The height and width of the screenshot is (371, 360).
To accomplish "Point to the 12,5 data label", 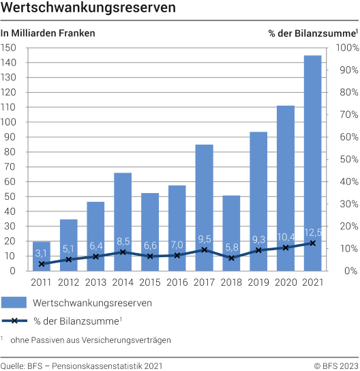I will click(313, 233).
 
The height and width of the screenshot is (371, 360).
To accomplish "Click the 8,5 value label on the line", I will click(123, 241).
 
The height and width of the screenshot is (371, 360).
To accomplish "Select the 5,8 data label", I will click(231, 247).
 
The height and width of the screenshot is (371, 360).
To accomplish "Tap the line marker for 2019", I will click(258, 250).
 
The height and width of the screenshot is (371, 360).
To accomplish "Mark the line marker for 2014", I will click(123, 252).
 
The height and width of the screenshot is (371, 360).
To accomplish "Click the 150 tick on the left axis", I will click(10, 48).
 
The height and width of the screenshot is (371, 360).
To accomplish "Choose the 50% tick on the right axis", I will click(346, 159).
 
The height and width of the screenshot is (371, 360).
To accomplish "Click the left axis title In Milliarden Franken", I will click(48, 33).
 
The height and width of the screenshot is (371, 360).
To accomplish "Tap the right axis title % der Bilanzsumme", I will click(313, 33).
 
